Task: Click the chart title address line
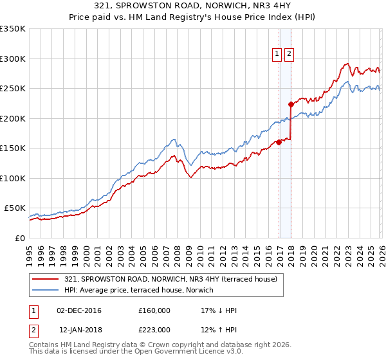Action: pos(193,6)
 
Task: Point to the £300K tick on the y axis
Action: pos(13,59)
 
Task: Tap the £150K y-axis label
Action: pos(13,148)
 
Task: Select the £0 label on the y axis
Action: pos(21,238)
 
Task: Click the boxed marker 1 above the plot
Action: pos(277,55)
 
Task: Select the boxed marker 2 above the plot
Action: pos(288,55)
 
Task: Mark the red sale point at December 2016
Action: pos(279,142)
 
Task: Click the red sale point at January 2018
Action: pos(291,104)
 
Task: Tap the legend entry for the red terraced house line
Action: pos(170,279)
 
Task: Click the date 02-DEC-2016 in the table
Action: pos(79,310)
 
